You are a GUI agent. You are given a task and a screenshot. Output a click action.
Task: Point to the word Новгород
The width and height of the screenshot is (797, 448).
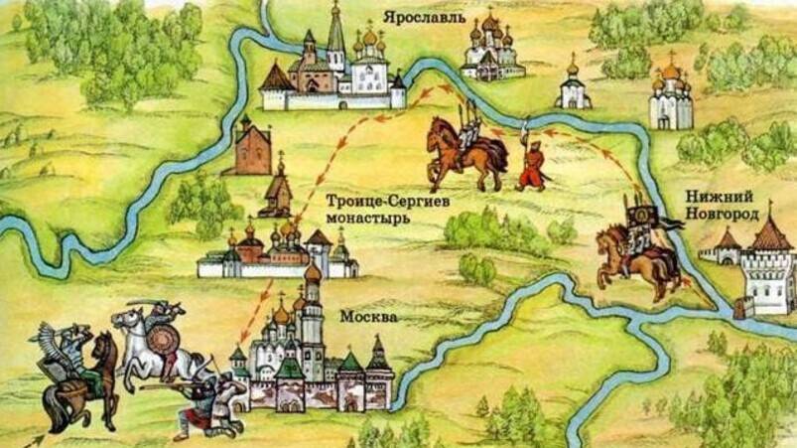(x=723, y=214)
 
